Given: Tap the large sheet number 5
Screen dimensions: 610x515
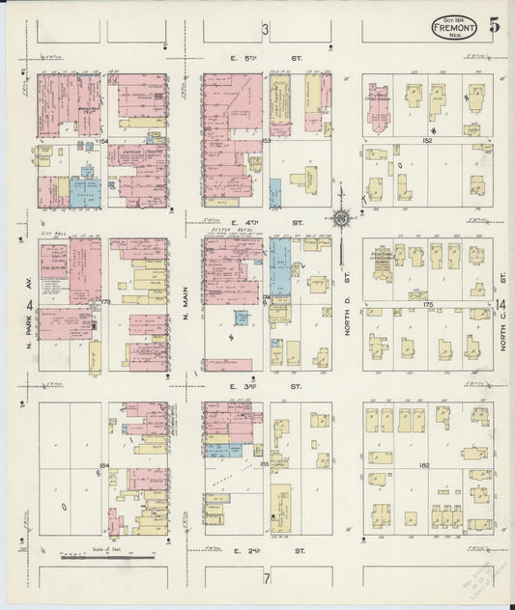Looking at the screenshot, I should (x=493, y=25).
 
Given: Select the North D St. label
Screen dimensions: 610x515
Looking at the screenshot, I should (x=348, y=307).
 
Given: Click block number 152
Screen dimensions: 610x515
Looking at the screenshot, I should (x=426, y=140).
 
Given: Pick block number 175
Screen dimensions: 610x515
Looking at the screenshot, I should (x=426, y=304).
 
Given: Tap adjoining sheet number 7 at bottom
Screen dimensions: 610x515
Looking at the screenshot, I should (x=265, y=579).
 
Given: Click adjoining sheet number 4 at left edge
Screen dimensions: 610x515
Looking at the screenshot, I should (x=29, y=306).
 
